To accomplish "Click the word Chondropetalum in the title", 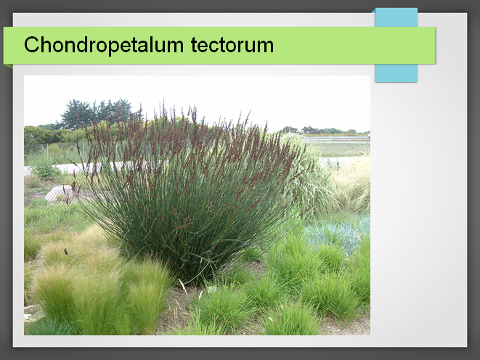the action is (104, 45).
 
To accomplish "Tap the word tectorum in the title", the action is (232, 45).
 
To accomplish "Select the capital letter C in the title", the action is (31, 45).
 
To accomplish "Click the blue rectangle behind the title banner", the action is (396, 45).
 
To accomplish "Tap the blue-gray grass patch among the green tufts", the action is (337, 230).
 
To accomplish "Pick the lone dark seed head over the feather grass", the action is (66, 251).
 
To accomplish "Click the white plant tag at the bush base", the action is (213, 289).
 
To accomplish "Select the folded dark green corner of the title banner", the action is (8, 66).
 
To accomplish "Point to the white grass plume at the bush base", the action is (183, 286).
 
